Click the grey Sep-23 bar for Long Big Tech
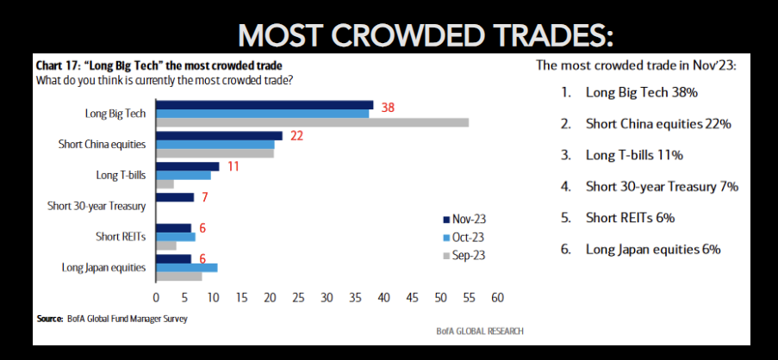click(x=312, y=122)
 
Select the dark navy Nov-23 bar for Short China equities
click(x=219, y=135)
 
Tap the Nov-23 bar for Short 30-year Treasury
click(x=175, y=197)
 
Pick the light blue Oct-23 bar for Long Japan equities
click(x=186, y=268)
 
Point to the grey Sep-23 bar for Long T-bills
click(x=165, y=184)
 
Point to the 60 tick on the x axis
click(x=497, y=298)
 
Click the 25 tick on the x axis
click(x=298, y=298)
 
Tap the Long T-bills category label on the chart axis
click(x=121, y=175)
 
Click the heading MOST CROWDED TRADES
click(x=426, y=34)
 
